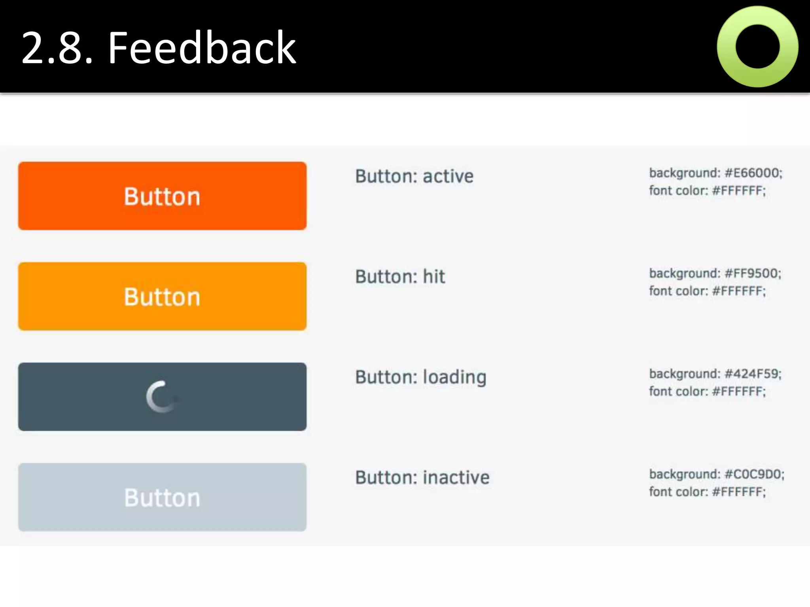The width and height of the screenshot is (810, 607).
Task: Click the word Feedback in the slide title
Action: tap(202, 48)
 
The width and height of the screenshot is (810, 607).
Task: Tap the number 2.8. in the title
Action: tap(57, 48)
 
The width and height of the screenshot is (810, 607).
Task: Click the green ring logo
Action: tap(757, 47)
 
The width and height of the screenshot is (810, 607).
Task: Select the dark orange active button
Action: tap(162, 196)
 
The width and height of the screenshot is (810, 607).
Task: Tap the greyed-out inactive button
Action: tap(162, 497)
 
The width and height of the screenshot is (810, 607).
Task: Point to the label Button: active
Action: tap(414, 176)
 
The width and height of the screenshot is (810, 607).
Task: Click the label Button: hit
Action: tap(400, 277)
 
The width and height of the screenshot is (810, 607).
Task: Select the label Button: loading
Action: tap(420, 377)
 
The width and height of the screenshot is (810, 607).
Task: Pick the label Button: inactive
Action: tap(422, 477)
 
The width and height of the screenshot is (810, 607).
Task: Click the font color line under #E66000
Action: tap(707, 191)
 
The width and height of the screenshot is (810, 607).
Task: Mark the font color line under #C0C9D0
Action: tap(707, 492)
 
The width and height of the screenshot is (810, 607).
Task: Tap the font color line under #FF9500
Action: tap(707, 291)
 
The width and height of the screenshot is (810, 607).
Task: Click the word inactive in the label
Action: tap(456, 477)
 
